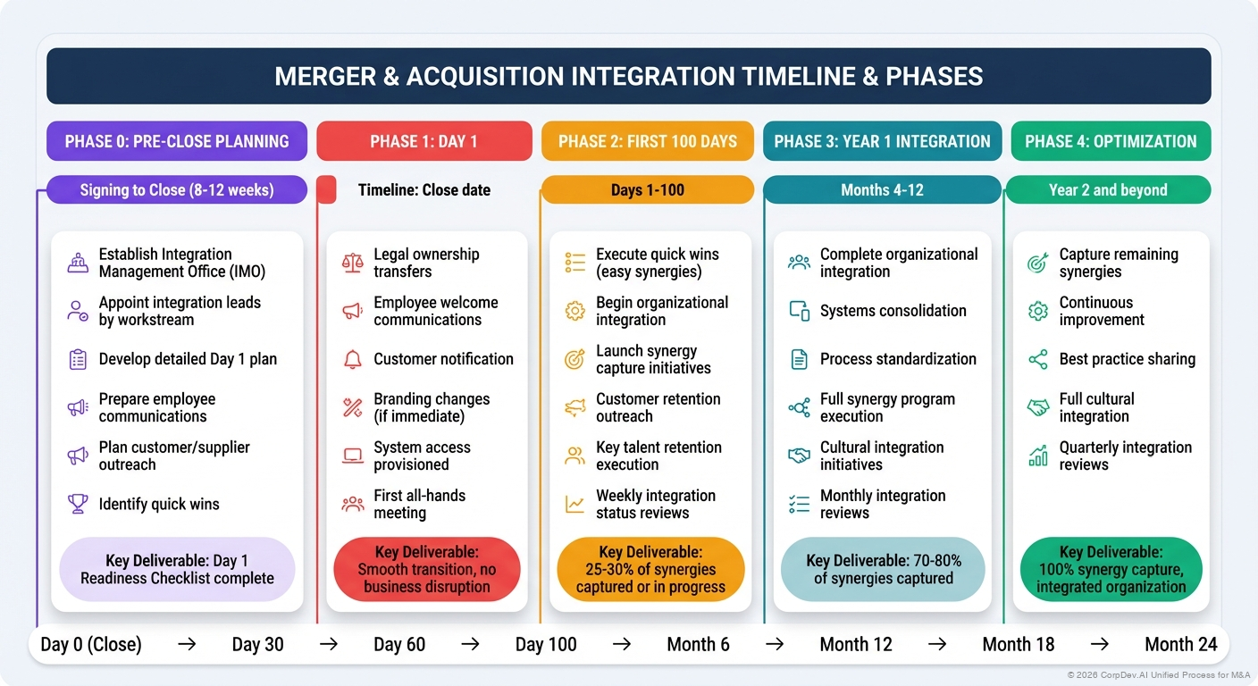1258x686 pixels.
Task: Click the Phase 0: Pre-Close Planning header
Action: point(177,141)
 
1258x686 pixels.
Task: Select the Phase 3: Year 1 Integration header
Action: point(882,141)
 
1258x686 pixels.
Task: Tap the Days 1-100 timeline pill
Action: point(647,190)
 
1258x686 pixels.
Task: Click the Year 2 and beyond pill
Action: point(1108,190)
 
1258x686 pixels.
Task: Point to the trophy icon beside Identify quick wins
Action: point(78,504)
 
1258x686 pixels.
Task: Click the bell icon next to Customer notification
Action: point(352,359)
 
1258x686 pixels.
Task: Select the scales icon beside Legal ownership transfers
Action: point(352,263)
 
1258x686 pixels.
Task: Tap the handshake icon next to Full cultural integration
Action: point(1037,407)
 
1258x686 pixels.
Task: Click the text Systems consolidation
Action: point(893,311)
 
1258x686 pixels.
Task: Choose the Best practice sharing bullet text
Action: point(1127,359)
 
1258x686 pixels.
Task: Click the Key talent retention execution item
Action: point(658,456)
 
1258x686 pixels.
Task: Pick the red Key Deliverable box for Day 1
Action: point(426,570)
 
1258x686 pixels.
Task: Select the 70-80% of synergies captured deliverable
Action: point(883,570)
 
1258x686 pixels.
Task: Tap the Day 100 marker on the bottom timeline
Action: point(546,644)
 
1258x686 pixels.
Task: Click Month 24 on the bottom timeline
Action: point(1181,644)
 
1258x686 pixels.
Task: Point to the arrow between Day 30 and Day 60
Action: point(329,644)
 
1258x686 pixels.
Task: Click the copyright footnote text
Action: point(1158,675)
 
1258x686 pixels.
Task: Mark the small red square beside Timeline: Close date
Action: point(327,190)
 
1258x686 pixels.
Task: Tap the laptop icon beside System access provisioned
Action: point(352,456)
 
